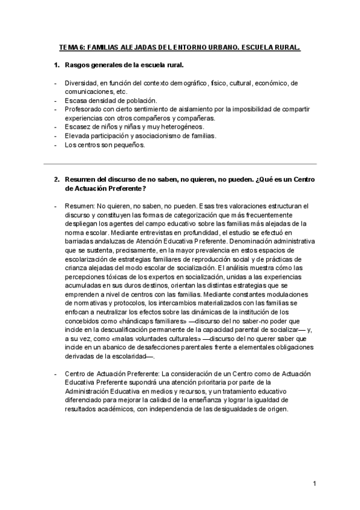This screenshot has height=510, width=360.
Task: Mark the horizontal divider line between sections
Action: pyautogui.click(x=180, y=164)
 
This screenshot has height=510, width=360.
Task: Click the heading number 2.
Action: pyautogui.click(x=56, y=180)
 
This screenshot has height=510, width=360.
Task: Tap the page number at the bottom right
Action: pyautogui.click(x=314, y=484)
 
